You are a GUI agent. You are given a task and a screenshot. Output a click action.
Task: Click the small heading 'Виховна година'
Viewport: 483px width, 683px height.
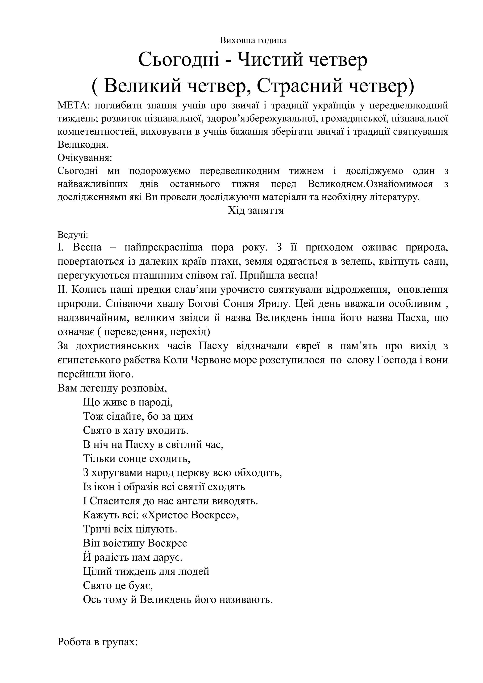(253, 41)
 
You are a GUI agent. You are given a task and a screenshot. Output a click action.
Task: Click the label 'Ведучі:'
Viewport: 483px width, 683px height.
(73, 235)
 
